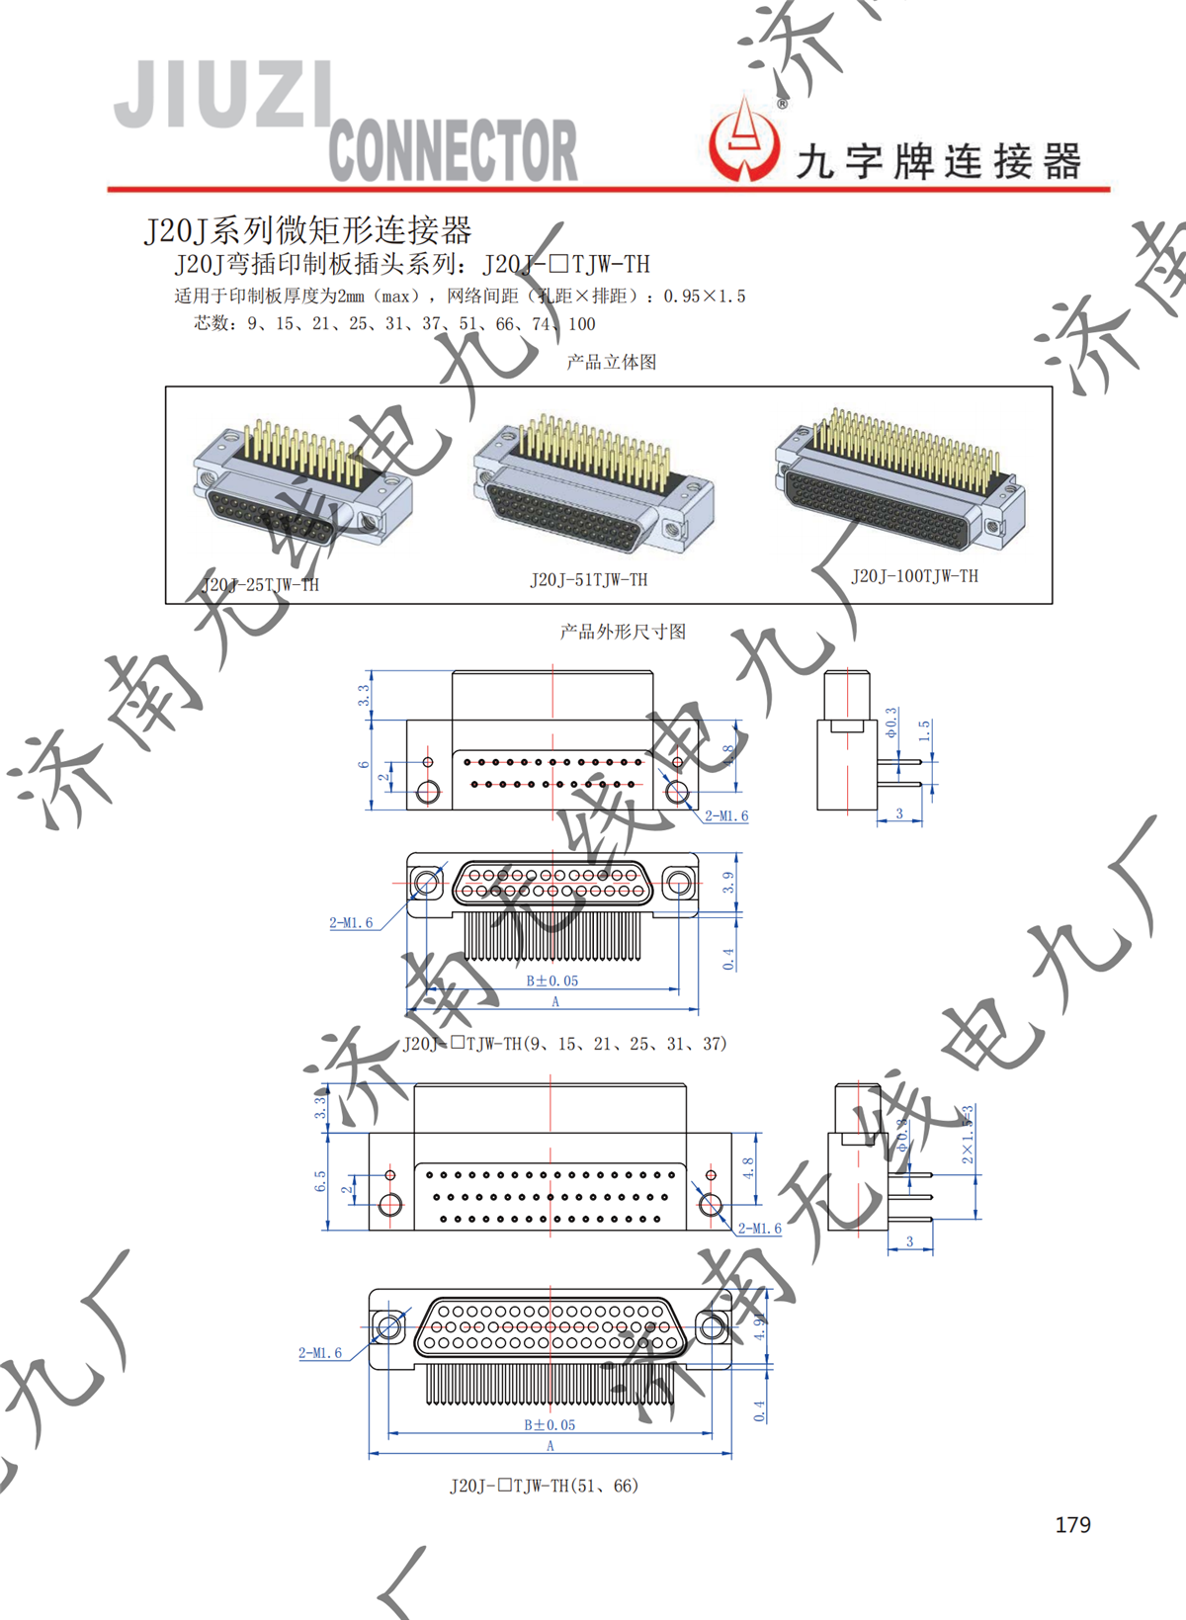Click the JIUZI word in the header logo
(222, 95)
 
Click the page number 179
(1072, 1525)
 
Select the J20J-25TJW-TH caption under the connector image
(260, 584)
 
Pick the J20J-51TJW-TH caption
(588, 580)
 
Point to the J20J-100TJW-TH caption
(914, 576)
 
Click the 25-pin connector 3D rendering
(301, 480)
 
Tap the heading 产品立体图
(611, 362)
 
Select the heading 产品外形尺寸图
(622, 632)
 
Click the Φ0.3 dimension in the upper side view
(891, 723)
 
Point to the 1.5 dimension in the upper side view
(924, 731)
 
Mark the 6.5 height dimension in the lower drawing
(320, 1181)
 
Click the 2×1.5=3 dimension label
(968, 1134)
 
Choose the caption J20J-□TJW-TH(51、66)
(544, 1486)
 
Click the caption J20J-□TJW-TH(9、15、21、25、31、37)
(564, 1044)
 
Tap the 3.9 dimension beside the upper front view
(728, 883)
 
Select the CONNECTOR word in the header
(453, 150)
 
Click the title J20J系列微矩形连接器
(308, 230)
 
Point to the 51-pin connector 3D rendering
(593, 484)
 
